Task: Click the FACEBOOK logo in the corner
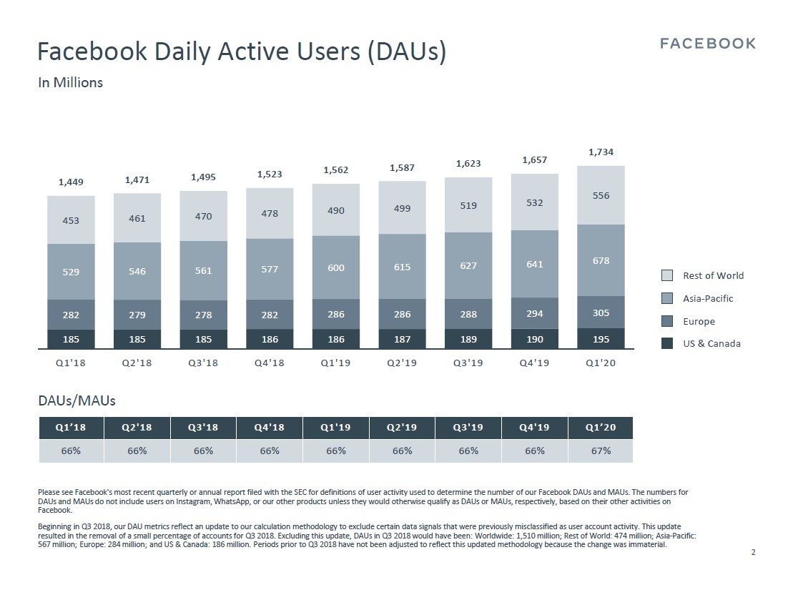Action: [707, 44]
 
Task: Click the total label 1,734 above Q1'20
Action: [601, 152]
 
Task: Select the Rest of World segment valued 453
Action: [71, 220]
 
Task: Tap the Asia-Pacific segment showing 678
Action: [601, 260]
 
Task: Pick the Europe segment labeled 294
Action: [535, 313]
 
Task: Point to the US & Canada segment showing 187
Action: [402, 340]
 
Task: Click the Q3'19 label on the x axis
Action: [468, 363]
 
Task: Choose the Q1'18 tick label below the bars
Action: [71, 363]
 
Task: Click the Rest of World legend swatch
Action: [667, 275]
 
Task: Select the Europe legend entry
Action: [699, 321]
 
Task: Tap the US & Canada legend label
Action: [711, 344]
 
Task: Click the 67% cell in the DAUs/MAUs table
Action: [601, 451]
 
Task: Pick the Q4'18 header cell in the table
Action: [270, 428]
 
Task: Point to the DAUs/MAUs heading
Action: [77, 401]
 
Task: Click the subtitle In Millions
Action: [70, 82]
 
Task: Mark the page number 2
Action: [753, 552]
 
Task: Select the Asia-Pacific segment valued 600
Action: [336, 267]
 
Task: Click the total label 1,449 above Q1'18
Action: [71, 182]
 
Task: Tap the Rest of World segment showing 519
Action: [468, 205]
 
